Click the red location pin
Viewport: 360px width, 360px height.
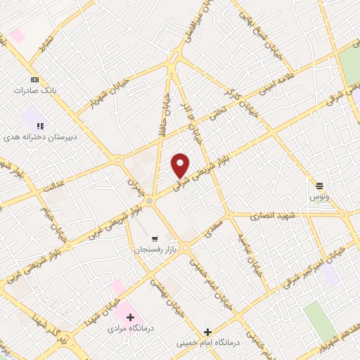[x=181, y=165]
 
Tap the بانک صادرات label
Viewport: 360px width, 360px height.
[x=33, y=91]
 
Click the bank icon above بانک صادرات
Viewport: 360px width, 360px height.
[x=33, y=79]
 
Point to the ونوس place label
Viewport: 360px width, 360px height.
[x=320, y=198]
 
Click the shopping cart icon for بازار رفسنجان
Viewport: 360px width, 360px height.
[x=154, y=239]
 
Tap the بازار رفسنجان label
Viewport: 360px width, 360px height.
[x=153, y=250]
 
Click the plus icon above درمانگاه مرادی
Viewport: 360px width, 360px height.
[x=130, y=317]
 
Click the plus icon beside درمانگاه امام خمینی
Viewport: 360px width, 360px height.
[x=207, y=332]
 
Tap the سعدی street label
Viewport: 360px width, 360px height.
[x=214, y=229]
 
